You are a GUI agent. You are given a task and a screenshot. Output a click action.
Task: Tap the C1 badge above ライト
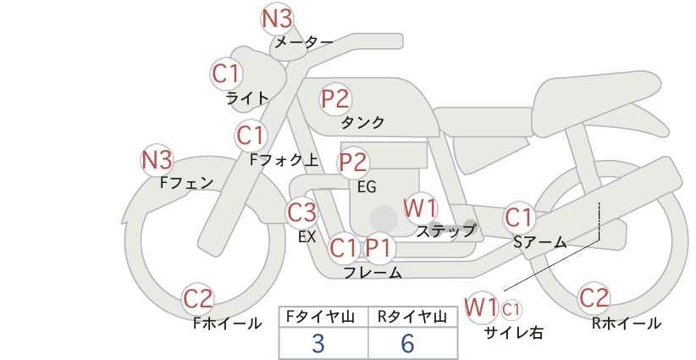(x=226, y=73)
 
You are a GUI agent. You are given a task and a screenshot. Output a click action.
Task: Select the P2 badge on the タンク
(x=334, y=98)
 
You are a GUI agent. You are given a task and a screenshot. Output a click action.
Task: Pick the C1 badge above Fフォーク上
(x=251, y=134)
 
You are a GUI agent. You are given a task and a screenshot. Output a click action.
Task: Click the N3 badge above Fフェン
(x=157, y=159)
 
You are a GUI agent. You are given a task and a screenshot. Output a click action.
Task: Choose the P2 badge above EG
(x=353, y=162)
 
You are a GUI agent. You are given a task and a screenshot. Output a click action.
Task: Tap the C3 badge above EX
(x=302, y=212)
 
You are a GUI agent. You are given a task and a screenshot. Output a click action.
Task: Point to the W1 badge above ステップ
(x=419, y=207)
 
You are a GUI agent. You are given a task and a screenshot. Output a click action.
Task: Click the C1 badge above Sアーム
(x=518, y=217)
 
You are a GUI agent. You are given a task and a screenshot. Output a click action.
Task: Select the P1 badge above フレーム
(x=380, y=248)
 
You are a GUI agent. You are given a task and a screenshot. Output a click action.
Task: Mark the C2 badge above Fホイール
(x=199, y=298)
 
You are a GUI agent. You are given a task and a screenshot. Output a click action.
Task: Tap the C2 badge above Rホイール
(x=594, y=297)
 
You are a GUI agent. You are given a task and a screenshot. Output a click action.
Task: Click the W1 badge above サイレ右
(x=482, y=306)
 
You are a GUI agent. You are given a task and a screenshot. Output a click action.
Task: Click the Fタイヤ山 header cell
(x=323, y=317)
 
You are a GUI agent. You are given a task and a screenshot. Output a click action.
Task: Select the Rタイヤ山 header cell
(x=412, y=317)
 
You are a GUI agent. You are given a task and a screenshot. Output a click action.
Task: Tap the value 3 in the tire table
(x=318, y=343)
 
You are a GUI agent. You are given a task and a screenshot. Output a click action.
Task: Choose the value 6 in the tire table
(x=407, y=343)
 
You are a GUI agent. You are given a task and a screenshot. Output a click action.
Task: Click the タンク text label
(x=362, y=123)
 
